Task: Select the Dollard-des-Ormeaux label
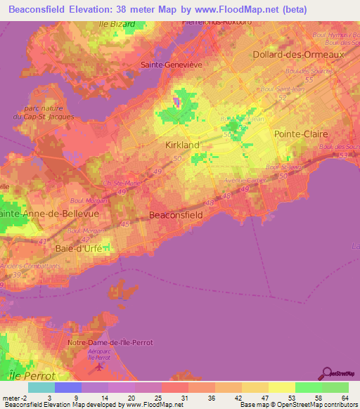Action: tap(300, 54)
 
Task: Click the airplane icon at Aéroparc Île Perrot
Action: tap(99, 365)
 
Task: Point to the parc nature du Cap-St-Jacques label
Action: tap(49, 112)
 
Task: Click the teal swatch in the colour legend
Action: tap(41, 387)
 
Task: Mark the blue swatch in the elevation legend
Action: tap(68, 387)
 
